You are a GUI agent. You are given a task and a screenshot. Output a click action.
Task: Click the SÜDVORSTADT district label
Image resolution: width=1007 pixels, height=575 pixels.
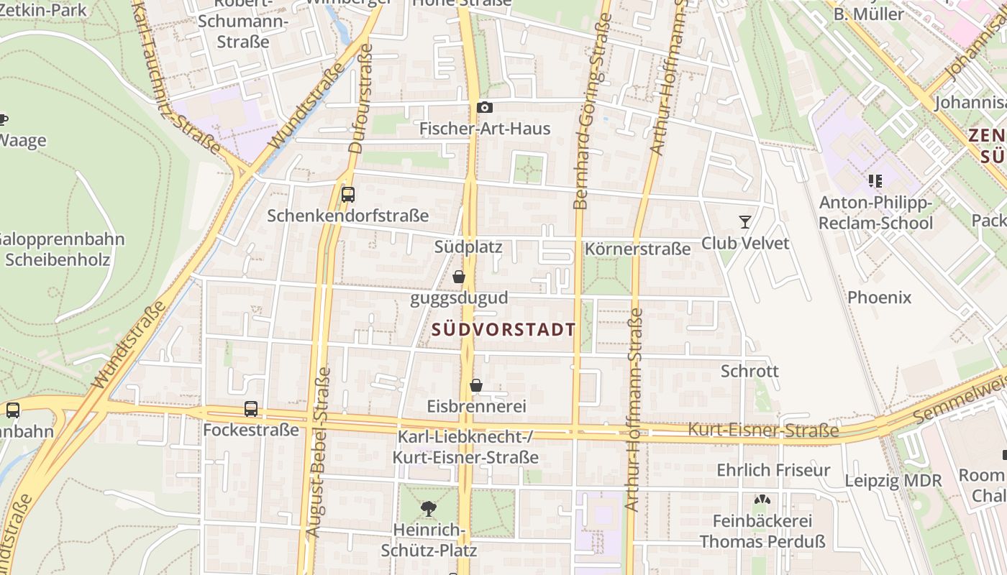(x=504, y=330)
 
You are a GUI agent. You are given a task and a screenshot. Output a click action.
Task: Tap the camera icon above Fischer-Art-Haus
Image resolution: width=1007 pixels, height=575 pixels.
(x=485, y=108)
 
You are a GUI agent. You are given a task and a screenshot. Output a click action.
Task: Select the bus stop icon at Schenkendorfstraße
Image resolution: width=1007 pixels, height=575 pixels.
(x=348, y=194)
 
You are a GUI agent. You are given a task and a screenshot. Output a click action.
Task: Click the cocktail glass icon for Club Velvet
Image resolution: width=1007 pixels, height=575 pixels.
(x=744, y=222)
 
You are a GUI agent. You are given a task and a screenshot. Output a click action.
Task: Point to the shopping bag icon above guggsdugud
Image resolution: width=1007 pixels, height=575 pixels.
(x=459, y=277)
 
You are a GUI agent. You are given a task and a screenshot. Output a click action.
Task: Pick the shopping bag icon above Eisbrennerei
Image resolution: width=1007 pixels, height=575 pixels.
(x=476, y=386)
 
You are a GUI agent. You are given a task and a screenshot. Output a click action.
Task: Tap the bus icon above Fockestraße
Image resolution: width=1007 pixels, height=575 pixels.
(x=251, y=409)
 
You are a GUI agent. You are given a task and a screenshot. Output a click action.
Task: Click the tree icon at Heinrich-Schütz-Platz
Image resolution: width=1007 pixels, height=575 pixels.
(x=429, y=509)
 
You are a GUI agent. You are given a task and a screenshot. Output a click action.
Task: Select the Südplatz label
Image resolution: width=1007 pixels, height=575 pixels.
(x=468, y=247)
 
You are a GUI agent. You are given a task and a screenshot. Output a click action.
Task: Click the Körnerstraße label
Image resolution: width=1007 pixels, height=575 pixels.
(x=638, y=249)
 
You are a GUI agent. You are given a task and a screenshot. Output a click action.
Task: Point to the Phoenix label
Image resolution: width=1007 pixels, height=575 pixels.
(x=879, y=297)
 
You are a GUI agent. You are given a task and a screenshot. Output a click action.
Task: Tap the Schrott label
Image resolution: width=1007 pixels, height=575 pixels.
(x=749, y=371)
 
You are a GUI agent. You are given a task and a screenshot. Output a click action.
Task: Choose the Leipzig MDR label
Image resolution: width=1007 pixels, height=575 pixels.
(x=893, y=481)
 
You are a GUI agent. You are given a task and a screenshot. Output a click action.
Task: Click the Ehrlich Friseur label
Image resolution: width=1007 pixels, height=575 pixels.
(x=773, y=470)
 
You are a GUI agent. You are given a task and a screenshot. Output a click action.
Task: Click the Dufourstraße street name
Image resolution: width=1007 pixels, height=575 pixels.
(x=360, y=99)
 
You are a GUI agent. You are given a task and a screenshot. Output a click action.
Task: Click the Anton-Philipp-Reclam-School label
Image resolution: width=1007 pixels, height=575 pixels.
(x=875, y=213)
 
